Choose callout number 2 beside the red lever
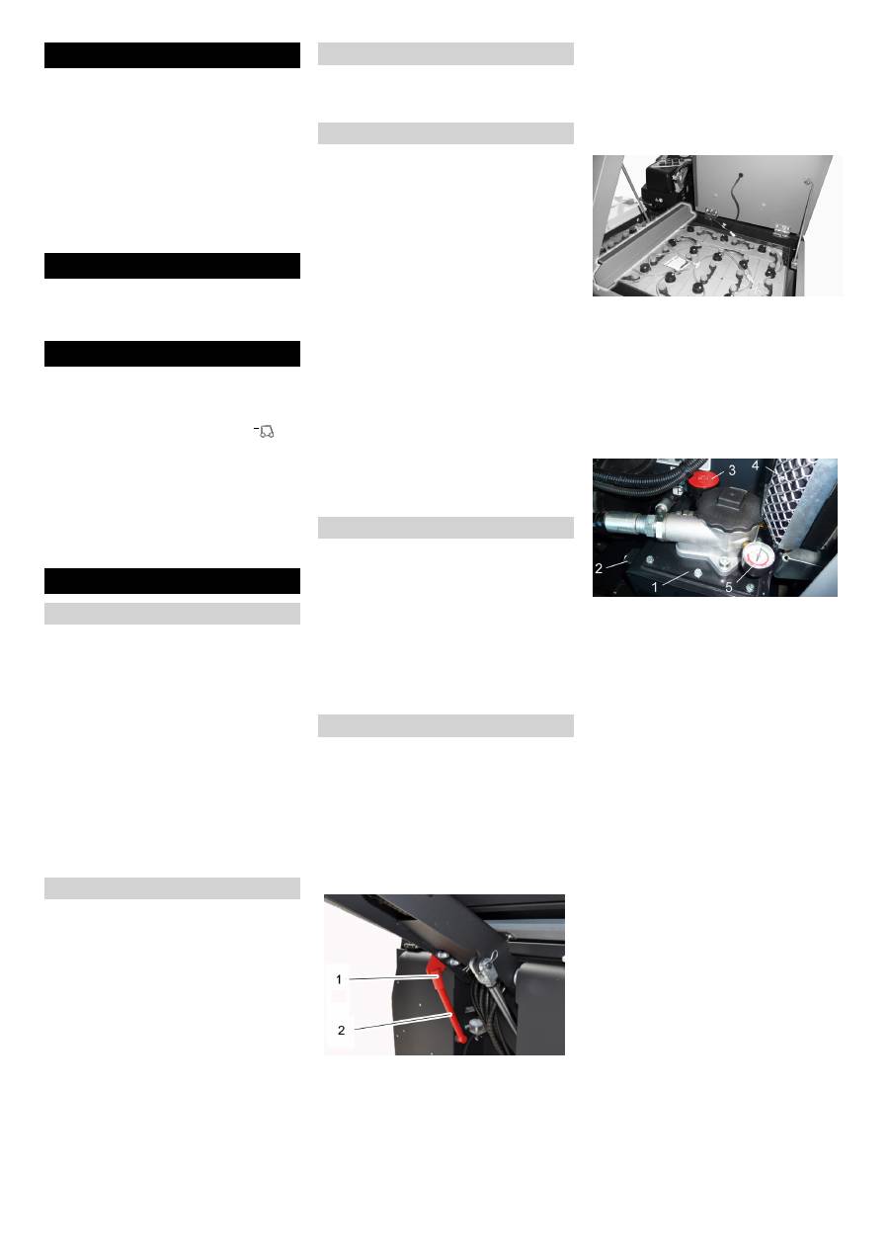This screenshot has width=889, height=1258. [341, 1030]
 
